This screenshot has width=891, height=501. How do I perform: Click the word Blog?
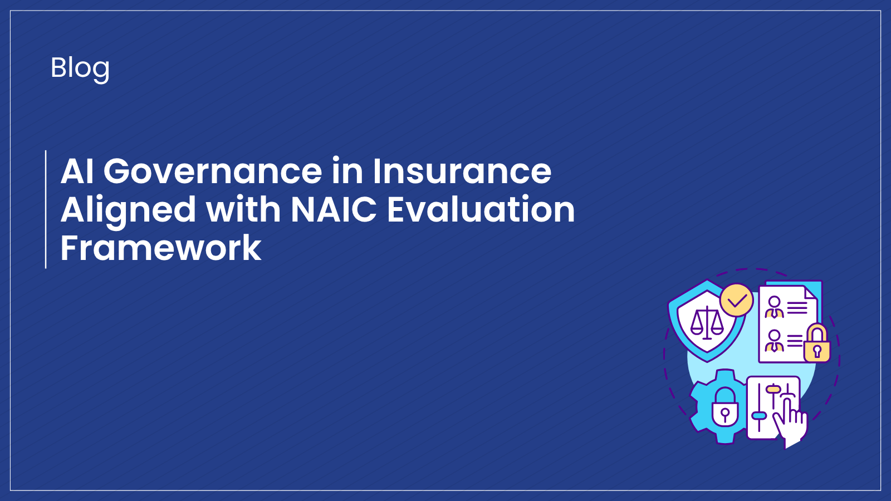(x=80, y=68)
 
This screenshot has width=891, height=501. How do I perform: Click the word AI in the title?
(x=77, y=171)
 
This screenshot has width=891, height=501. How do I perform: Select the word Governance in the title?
(x=213, y=171)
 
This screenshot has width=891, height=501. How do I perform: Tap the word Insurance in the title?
(x=462, y=171)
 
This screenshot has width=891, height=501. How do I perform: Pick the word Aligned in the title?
(x=128, y=210)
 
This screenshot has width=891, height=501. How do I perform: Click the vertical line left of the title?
(x=46, y=209)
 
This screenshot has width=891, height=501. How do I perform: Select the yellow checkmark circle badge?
(x=736, y=301)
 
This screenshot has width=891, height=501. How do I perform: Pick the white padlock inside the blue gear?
(x=724, y=407)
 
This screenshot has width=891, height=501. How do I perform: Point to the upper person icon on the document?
(x=774, y=307)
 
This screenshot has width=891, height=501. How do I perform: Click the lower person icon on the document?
(x=774, y=341)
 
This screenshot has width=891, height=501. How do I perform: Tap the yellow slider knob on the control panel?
(x=773, y=389)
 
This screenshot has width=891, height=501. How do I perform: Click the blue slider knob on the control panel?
(x=759, y=415)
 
